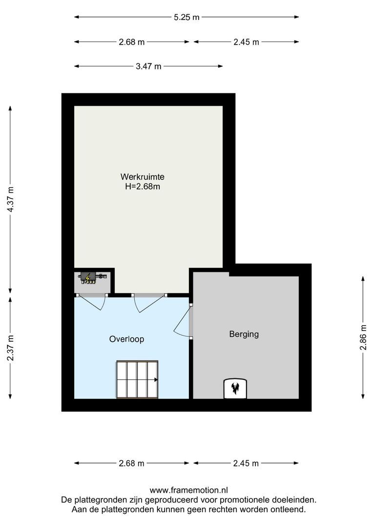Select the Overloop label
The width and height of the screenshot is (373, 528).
(x=126, y=339)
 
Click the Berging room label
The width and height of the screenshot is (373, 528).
(x=244, y=334)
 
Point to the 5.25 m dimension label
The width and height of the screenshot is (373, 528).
(x=186, y=17)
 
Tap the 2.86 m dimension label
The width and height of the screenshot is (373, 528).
(x=363, y=337)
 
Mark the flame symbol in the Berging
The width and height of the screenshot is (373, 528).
(x=236, y=388)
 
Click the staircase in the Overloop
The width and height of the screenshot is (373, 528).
(x=137, y=380)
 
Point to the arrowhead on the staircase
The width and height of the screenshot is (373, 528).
(x=155, y=380)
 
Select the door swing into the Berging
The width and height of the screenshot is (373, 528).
(x=182, y=321)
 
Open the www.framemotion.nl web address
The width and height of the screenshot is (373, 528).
(x=188, y=490)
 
